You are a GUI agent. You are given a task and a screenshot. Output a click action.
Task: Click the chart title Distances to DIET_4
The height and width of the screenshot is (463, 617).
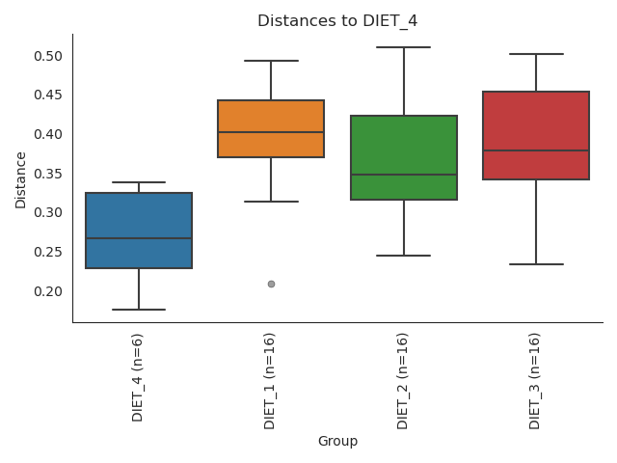337,21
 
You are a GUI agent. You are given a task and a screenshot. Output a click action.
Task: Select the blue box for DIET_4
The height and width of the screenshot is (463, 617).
139,231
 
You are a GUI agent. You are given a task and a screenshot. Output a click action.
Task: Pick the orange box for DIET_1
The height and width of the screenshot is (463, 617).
271,128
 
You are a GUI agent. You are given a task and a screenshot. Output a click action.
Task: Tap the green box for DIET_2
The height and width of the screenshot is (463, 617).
404,157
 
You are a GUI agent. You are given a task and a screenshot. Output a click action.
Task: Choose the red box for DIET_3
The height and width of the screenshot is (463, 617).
536,135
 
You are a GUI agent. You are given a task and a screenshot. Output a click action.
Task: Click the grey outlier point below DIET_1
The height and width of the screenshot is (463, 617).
271,284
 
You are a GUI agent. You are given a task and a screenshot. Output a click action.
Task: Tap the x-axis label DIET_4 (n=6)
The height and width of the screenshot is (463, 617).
138,376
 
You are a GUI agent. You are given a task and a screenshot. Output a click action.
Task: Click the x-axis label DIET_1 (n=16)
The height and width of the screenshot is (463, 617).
270,380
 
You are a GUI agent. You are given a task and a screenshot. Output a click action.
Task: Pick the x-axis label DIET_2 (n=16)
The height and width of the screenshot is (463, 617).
403,380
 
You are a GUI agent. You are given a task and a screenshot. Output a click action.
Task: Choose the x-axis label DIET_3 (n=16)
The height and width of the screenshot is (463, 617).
535,380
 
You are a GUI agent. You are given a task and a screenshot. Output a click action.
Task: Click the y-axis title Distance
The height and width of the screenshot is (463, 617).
21,178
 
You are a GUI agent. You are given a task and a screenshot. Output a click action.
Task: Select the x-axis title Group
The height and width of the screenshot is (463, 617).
337,442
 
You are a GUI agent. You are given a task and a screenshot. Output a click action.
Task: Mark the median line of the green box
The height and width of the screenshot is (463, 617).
404,175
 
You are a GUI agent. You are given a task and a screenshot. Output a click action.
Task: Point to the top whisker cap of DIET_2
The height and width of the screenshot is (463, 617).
404,47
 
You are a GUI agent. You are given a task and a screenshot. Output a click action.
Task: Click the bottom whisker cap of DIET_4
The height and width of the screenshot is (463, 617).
139,310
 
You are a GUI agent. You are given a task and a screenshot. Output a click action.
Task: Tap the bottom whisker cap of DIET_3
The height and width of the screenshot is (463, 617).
536,264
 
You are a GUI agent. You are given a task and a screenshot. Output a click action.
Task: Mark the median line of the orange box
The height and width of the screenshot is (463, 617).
271,132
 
